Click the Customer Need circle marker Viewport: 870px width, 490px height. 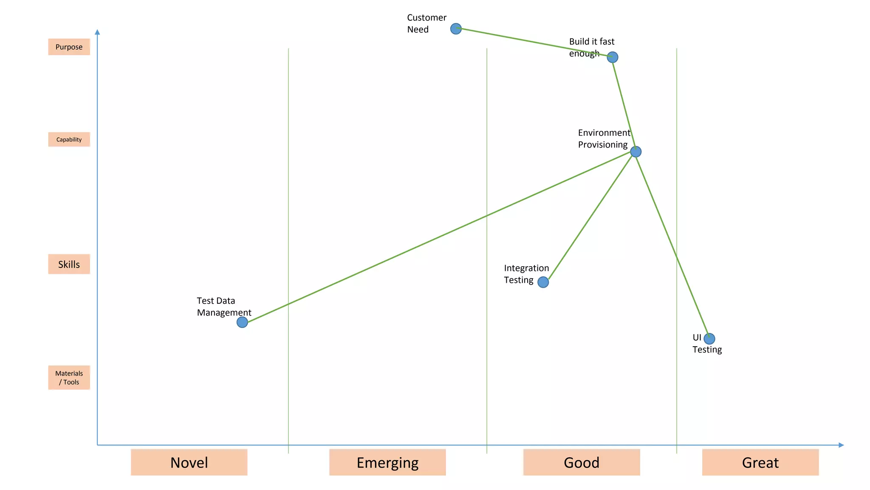456,29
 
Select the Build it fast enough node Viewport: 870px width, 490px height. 612,57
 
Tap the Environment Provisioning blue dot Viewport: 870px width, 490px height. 636,151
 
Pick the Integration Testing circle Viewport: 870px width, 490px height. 543,282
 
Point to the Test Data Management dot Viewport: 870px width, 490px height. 242,322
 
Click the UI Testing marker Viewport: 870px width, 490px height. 709,339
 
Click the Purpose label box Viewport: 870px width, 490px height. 69,47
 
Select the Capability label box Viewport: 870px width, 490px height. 69,140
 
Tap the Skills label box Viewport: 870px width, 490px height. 69,264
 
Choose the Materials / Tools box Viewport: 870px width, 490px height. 69,377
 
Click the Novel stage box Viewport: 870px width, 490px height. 189,462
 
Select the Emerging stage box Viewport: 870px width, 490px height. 387,462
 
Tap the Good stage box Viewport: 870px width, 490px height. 581,462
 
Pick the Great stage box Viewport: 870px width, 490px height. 760,462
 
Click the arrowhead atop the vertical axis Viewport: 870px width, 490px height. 97,32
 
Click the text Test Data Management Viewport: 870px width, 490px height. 224,307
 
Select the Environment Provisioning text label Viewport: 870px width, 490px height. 604,139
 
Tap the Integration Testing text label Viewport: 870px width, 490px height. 526,274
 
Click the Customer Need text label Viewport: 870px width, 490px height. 426,23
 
